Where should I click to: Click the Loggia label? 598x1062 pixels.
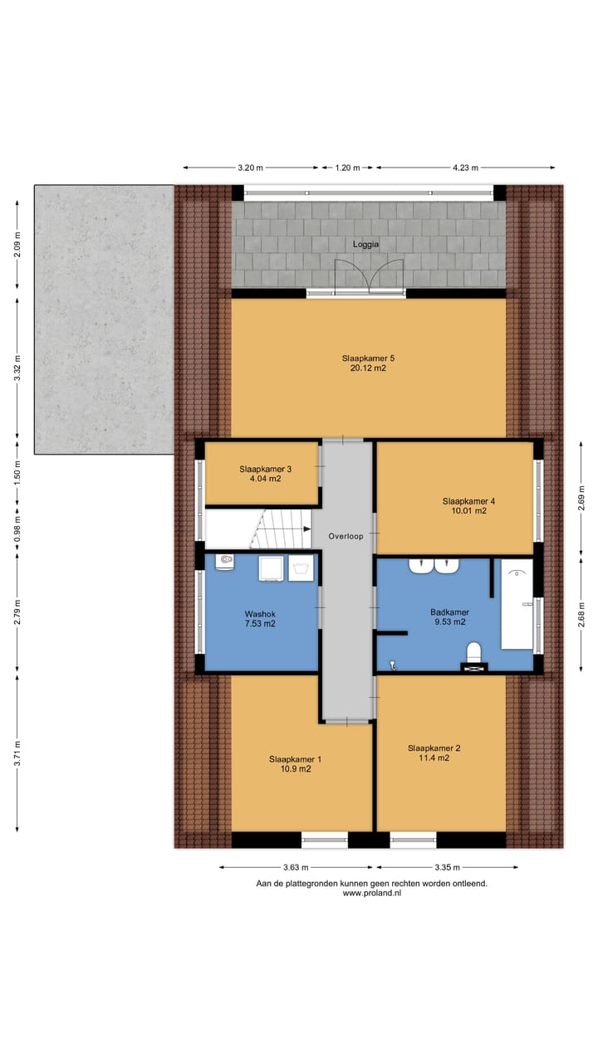(365, 245)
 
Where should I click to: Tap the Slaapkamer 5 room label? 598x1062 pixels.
(368, 358)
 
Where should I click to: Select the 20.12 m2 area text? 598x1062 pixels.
(368, 368)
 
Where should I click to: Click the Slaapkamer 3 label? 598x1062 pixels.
(260, 468)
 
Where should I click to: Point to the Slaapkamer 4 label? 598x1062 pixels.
(468, 501)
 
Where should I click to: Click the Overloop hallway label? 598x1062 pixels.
(346, 537)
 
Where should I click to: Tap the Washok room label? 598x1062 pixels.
(260, 614)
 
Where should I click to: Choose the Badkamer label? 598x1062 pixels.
(448, 611)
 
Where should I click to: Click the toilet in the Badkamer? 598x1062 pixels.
(474, 653)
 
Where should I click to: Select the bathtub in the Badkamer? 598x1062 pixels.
(516, 603)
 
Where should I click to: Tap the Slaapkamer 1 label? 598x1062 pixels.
(295, 759)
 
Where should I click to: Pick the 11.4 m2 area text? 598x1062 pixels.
(434, 758)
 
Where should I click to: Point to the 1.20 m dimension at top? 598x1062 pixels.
(347, 168)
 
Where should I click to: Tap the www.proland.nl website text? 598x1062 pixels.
(371, 894)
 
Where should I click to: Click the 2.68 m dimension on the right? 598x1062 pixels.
(581, 613)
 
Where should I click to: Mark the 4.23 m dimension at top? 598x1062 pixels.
(465, 168)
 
